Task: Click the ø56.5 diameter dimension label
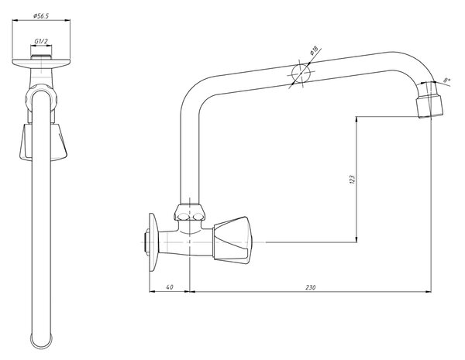(x=41, y=16)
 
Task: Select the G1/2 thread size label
(x=41, y=41)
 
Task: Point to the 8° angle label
(x=447, y=80)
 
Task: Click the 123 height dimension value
(x=352, y=180)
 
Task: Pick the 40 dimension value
(x=170, y=286)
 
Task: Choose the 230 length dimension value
(x=310, y=286)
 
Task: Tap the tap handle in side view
(x=231, y=240)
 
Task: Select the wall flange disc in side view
(x=153, y=242)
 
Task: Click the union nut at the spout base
(x=189, y=212)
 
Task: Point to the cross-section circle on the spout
(x=301, y=73)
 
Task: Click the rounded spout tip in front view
(x=42, y=341)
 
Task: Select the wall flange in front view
(x=41, y=63)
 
